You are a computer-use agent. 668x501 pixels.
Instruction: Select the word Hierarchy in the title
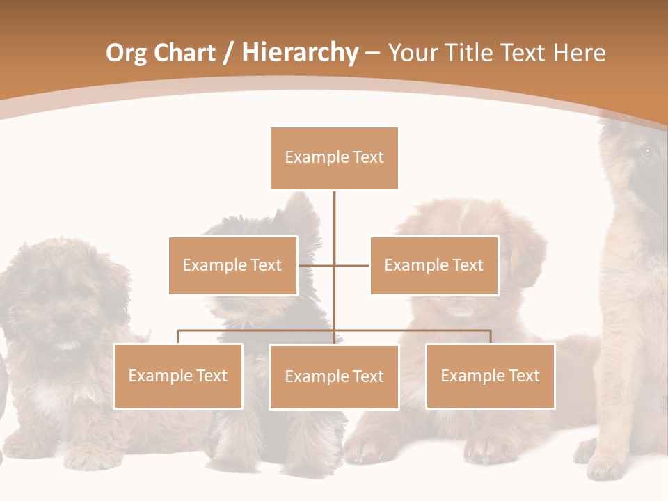pos(300,53)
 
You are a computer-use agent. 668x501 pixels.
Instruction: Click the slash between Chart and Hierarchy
pos(228,54)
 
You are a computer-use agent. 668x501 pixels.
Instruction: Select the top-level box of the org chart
pos(334,158)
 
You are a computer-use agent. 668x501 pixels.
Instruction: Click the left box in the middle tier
pos(232,265)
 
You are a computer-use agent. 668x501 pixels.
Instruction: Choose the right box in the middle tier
pos(434,265)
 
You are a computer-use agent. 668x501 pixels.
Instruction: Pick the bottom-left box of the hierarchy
pos(178,376)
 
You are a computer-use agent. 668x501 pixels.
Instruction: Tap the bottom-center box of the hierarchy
pos(334,376)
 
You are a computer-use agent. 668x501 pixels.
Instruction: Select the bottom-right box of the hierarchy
pos(490,376)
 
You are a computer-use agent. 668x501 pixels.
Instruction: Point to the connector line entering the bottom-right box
pos(491,337)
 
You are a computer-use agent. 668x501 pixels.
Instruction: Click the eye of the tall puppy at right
pos(646,152)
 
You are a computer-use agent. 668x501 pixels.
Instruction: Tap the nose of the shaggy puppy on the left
pos(64,321)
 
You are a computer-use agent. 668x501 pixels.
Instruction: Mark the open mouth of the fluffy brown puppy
pos(459,311)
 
